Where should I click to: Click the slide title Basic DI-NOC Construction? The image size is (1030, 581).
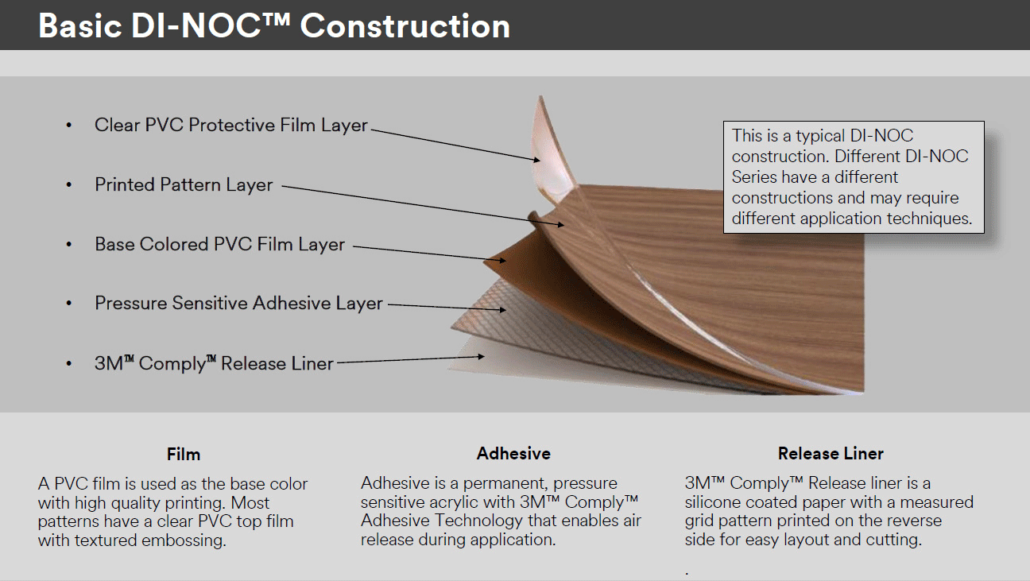[274, 26]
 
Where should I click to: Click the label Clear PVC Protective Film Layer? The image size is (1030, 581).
[231, 126]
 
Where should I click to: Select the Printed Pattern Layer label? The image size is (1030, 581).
[184, 185]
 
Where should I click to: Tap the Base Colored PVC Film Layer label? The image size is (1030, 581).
[219, 245]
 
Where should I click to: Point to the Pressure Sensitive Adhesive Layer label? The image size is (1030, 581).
[238, 304]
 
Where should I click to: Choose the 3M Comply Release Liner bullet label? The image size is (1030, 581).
[214, 364]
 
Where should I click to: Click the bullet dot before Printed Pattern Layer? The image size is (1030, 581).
[70, 185]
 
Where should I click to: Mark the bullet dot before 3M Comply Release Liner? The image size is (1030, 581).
[70, 364]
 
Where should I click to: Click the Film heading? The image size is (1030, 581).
[184, 455]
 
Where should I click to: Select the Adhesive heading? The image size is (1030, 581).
[513, 454]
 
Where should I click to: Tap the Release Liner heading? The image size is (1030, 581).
[831, 454]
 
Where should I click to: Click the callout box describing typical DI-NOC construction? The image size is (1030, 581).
[853, 176]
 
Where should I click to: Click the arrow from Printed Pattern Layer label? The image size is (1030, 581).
[421, 205]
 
